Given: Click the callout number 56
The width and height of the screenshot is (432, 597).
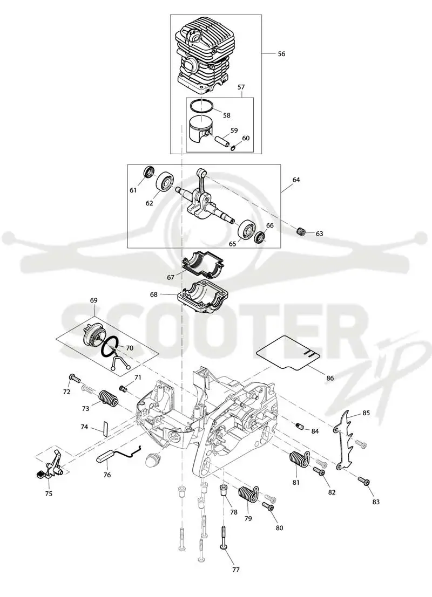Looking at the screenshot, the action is [x=281, y=54].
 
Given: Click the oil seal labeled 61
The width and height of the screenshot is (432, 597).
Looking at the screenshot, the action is [x=149, y=173].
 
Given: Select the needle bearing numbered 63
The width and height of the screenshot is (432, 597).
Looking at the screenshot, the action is [x=301, y=231].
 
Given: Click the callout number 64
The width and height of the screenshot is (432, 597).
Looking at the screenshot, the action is [x=296, y=180].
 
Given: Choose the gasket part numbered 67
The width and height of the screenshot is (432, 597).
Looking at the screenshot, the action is [x=202, y=263].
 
